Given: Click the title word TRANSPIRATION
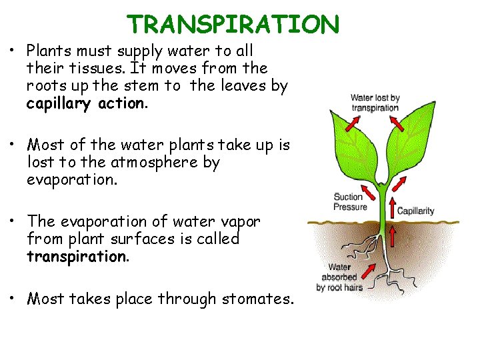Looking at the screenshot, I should click(x=233, y=24).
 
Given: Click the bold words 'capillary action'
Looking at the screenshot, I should click(x=85, y=103).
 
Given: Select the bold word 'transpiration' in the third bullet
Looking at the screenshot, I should click(x=77, y=257).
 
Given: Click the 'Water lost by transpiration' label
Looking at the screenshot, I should click(x=375, y=103).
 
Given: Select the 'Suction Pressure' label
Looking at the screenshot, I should click(x=349, y=201).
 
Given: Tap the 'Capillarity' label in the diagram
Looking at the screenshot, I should click(x=415, y=211).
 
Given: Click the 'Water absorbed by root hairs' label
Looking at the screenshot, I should click(x=339, y=277).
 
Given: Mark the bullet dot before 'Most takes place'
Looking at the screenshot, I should click(x=14, y=298).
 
